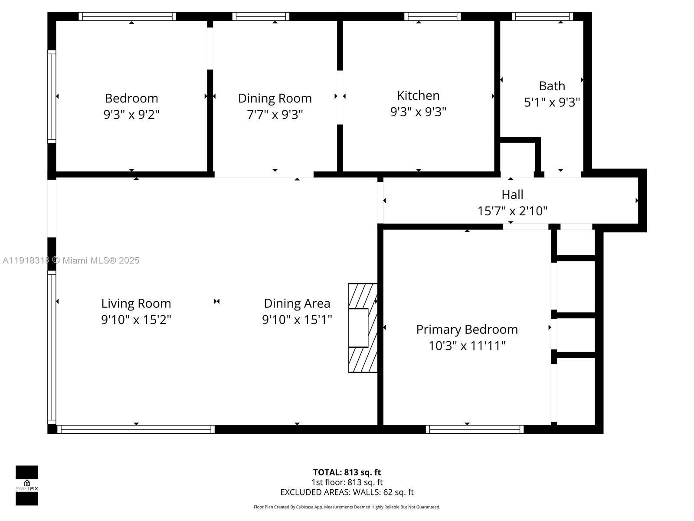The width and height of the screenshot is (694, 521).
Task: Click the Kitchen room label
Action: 418,96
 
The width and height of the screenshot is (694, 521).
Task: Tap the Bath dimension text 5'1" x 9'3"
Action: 552,102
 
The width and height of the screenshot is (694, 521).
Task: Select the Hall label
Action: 512,195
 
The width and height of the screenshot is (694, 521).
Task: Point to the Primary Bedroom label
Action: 467,330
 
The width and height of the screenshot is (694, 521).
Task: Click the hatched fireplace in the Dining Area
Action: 362,328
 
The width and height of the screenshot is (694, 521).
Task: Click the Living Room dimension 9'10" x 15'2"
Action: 136,320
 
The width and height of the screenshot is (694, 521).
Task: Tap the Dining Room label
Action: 275,98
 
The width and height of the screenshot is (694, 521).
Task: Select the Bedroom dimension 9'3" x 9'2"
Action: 131,115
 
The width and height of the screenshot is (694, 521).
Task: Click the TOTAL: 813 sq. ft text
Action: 347,472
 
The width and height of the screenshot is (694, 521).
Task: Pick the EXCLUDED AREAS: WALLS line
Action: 347,492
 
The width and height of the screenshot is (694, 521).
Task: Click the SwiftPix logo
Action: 27,485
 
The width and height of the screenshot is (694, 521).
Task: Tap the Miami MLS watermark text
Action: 71,260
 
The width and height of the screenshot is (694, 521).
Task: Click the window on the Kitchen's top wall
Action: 432,16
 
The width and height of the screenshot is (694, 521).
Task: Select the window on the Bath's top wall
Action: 542,16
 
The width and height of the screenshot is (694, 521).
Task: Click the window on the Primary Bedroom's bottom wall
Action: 475,429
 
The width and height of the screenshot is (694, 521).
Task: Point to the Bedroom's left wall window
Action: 52,96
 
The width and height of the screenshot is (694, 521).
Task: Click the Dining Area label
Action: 297,303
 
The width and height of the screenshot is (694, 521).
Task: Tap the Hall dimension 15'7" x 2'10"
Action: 512,211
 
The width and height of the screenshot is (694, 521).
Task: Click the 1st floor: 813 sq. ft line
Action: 347,482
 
